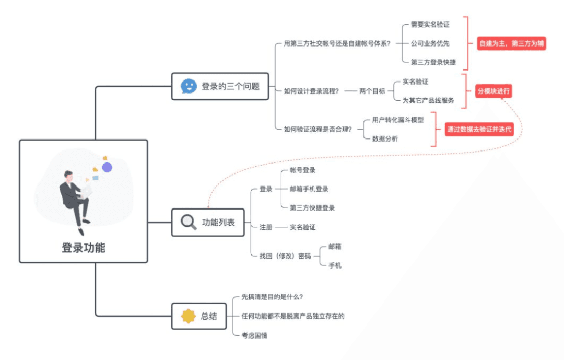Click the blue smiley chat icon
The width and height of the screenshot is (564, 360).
click(189, 86)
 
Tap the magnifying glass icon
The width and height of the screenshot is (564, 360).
click(189, 222)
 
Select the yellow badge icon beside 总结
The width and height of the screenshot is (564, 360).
click(188, 316)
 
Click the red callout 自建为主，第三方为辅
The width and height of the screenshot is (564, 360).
click(512, 43)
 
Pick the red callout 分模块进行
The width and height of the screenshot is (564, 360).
click(493, 91)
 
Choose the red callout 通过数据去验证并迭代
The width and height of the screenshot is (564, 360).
click(479, 130)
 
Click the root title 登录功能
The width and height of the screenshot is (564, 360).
click(84, 248)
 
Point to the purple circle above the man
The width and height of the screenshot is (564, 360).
click(107, 167)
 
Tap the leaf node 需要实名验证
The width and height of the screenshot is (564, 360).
click(430, 25)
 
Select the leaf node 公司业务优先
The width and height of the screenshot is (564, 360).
click(430, 43)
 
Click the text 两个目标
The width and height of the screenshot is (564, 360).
click(372, 91)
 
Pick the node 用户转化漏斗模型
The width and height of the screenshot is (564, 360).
click(397, 120)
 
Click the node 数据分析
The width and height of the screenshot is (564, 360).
click(385, 138)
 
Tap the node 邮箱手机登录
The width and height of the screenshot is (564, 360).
click(309, 189)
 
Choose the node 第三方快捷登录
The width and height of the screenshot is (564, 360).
click(312, 207)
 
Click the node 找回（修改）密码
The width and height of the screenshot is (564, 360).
click(285, 256)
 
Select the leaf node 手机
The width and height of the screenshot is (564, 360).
click(335, 265)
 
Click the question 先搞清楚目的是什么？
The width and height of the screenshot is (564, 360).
click(272, 297)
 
